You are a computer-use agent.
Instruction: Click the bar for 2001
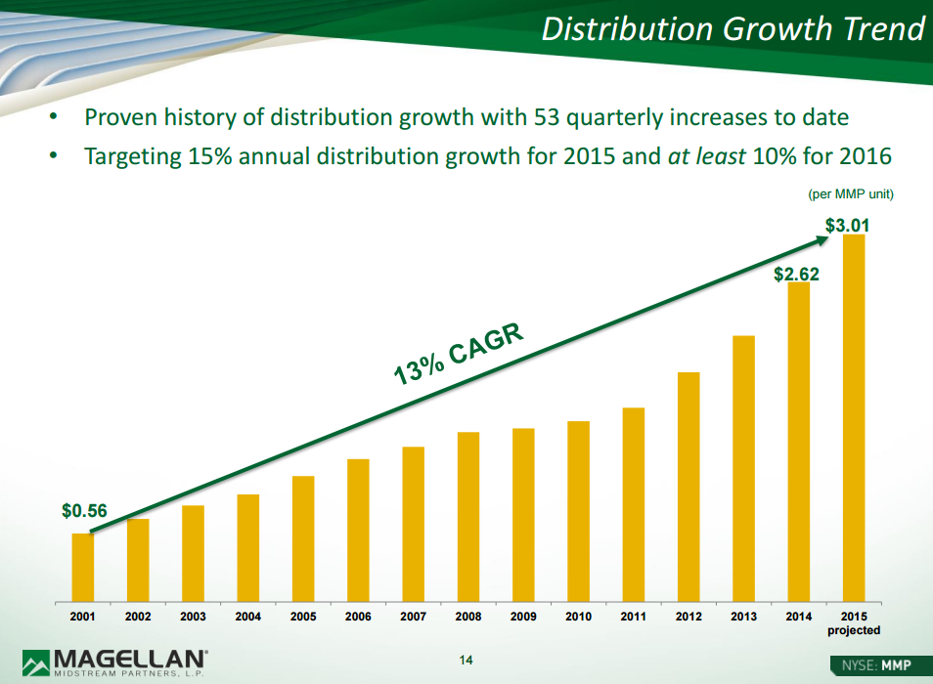tap(83, 566)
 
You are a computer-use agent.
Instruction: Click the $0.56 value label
tap(84, 511)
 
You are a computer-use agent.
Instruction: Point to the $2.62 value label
tap(796, 275)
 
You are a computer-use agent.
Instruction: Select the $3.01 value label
tap(847, 227)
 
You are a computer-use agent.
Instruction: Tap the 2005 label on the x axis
tap(303, 618)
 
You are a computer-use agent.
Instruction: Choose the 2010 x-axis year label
tap(578, 618)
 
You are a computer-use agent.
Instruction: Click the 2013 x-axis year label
tap(743, 618)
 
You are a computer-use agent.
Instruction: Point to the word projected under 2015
tap(854, 631)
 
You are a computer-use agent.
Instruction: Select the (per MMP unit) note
tap(851, 194)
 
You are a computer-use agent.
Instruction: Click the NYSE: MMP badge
tap(875, 665)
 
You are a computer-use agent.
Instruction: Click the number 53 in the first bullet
tap(547, 118)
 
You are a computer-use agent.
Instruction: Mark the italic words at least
tap(706, 156)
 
